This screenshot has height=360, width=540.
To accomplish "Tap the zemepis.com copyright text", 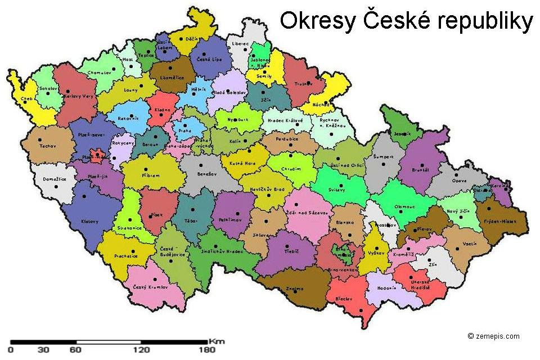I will click(x=493, y=336).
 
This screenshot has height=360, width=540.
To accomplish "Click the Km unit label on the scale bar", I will click(x=217, y=341).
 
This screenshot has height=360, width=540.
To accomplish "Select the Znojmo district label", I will click(x=294, y=289).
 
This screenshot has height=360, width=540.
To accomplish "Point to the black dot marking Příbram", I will click(x=146, y=169).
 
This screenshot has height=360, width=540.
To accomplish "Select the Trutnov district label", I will click(x=303, y=84).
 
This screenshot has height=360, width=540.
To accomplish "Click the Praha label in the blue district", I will click(x=185, y=130).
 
